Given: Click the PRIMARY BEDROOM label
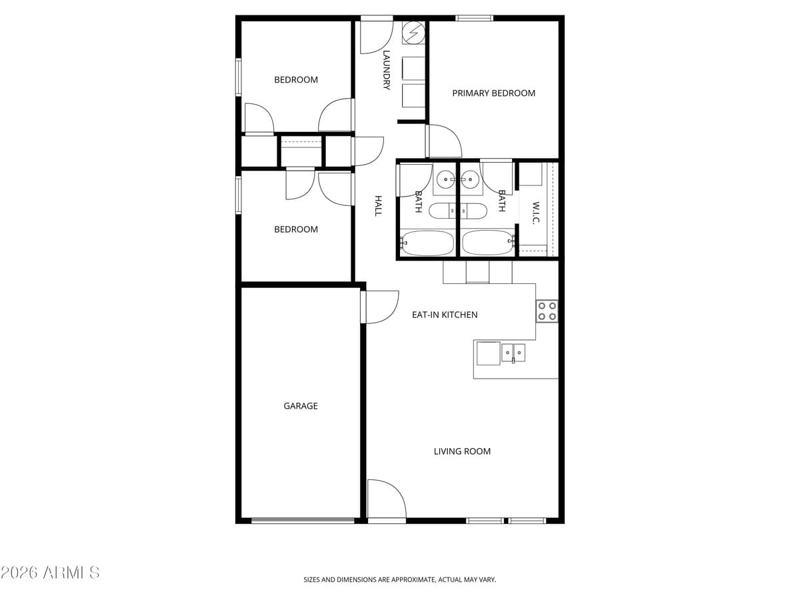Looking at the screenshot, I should tap(493, 93).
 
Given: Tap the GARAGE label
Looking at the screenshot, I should tap(301, 406).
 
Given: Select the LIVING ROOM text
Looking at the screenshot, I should tap(462, 451).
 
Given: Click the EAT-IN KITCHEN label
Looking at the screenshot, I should tap(445, 315).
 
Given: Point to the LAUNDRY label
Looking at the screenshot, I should tap(386, 70).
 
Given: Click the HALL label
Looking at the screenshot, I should tap(377, 205).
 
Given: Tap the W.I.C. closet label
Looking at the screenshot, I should tap(535, 212).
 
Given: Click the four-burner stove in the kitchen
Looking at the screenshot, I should tap(547, 311).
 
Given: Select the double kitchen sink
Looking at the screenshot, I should tap(513, 352).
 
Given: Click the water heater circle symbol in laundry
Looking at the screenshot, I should tap(413, 31).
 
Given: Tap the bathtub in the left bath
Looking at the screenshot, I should tap(427, 243).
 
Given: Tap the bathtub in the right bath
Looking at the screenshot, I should tap(488, 243).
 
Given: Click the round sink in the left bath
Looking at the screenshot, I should tap(445, 179).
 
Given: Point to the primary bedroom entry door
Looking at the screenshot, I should tap(443, 141).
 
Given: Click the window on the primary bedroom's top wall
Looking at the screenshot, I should tap(475, 18).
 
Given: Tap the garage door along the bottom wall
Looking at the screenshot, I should tap(303, 520).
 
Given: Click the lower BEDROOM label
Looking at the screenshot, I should tap(296, 229).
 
